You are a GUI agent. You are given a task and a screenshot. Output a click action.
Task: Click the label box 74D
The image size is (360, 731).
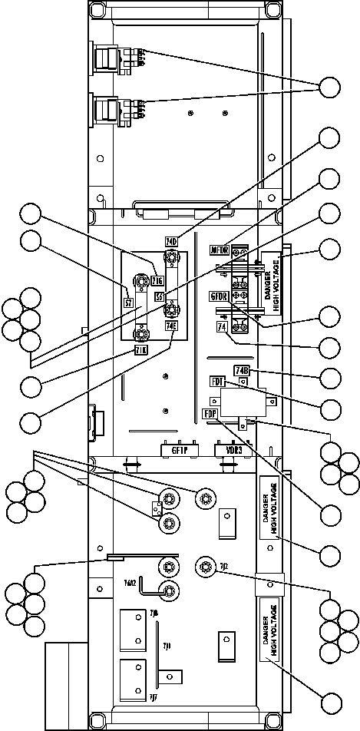point(172,242)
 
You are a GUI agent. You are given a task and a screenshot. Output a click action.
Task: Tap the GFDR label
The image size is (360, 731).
point(220,296)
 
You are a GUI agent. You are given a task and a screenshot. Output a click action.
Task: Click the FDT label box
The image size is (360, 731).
point(217,381)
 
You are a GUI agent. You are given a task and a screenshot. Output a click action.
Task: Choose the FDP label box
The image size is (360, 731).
point(210,414)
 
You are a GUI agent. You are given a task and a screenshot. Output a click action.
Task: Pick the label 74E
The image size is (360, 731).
point(171,326)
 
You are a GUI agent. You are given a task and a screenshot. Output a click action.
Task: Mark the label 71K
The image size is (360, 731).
point(140,352)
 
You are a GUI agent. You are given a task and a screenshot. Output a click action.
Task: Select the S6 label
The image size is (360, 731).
point(160,296)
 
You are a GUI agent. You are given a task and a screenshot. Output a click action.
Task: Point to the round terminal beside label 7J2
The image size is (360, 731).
point(204,567)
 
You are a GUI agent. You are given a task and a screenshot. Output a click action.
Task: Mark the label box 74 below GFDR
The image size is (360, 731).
point(221,327)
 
